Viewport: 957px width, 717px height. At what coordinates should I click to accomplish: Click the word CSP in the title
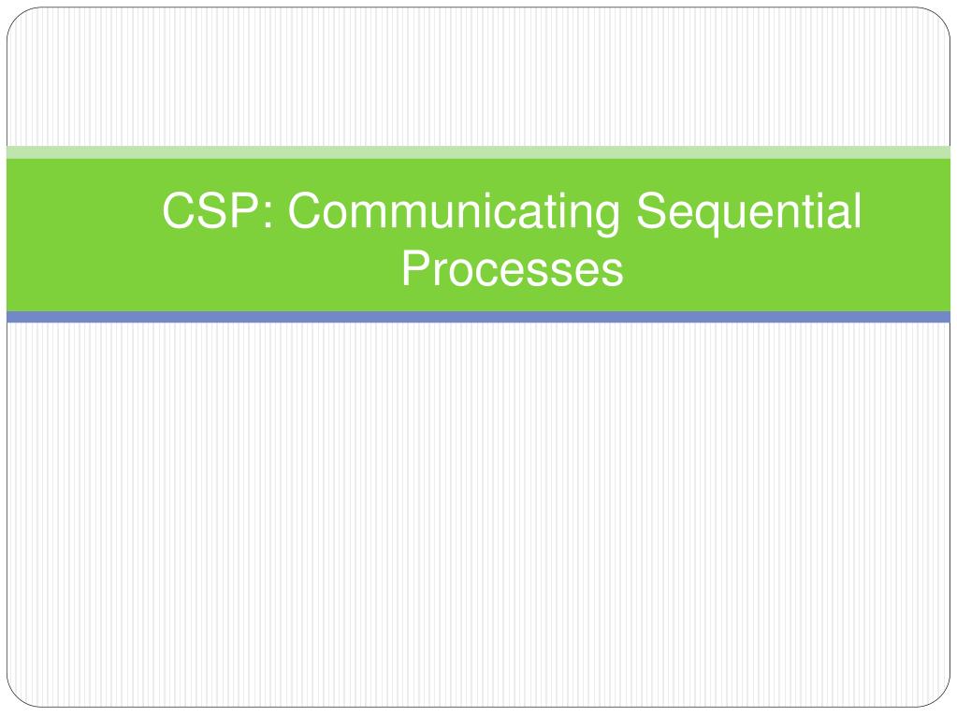pyautogui.click(x=211, y=210)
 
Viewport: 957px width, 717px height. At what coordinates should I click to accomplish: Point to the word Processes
pyautogui.click(x=512, y=268)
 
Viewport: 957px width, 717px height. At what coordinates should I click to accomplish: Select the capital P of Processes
pyautogui.click(x=417, y=267)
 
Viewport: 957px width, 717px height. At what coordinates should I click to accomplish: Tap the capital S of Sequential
pyautogui.click(x=652, y=210)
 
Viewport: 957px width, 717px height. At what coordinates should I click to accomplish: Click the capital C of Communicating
pyautogui.click(x=305, y=210)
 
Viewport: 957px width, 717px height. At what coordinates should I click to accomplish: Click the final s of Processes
pyautogui.click(x=612, y=274)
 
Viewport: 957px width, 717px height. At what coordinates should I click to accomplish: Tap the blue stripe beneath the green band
pyautogui.click(x=479, y=317)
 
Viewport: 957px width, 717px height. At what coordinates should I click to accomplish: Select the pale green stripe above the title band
pyautogui.click(x=479, y=152)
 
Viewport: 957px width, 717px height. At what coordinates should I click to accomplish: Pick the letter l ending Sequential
pyautogui.click(x=858, y=210)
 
